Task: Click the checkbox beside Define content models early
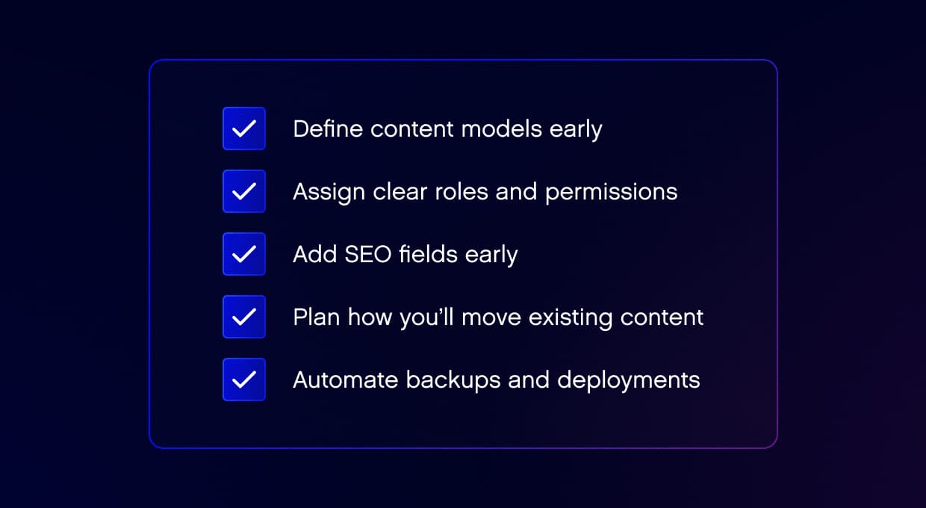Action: (244, 128)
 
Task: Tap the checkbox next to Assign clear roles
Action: (244, 191)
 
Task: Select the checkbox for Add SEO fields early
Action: (244, 254)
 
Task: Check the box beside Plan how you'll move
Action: (244, 317)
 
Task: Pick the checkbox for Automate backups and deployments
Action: (244, 380)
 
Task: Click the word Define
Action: (328, 128)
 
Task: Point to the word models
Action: (502, 128)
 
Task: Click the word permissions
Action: (611, 193)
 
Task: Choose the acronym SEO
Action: (368, 254)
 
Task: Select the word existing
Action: (571, 317)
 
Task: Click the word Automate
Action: (346, 380)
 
